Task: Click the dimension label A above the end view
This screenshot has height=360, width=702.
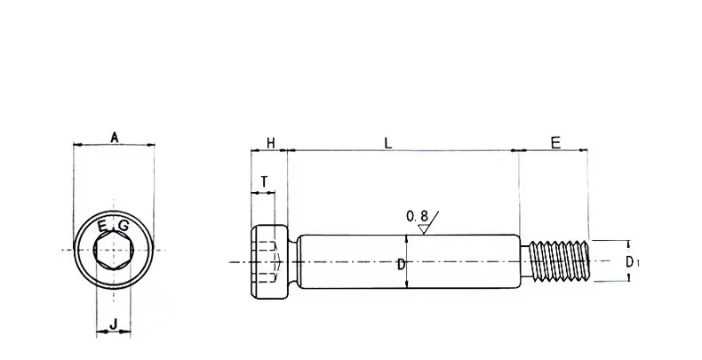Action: click(x=114, y=136)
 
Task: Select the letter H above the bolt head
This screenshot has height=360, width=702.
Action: click(x=270, y=142)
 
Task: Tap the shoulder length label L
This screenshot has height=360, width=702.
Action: click(x=387, y=142)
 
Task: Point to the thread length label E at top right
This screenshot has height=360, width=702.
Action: click(x=555, y=142)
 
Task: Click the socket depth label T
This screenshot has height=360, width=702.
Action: click(x=264, y=181)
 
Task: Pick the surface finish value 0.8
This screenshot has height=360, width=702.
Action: click(x=417, y=216)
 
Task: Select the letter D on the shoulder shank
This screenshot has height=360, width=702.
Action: click(x=401, y=264)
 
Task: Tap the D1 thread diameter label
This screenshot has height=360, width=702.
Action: click(x=629, y=261)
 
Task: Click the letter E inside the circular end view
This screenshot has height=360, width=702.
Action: click(x=103, y=224)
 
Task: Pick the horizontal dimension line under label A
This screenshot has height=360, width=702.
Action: click(x=114, y=145)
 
